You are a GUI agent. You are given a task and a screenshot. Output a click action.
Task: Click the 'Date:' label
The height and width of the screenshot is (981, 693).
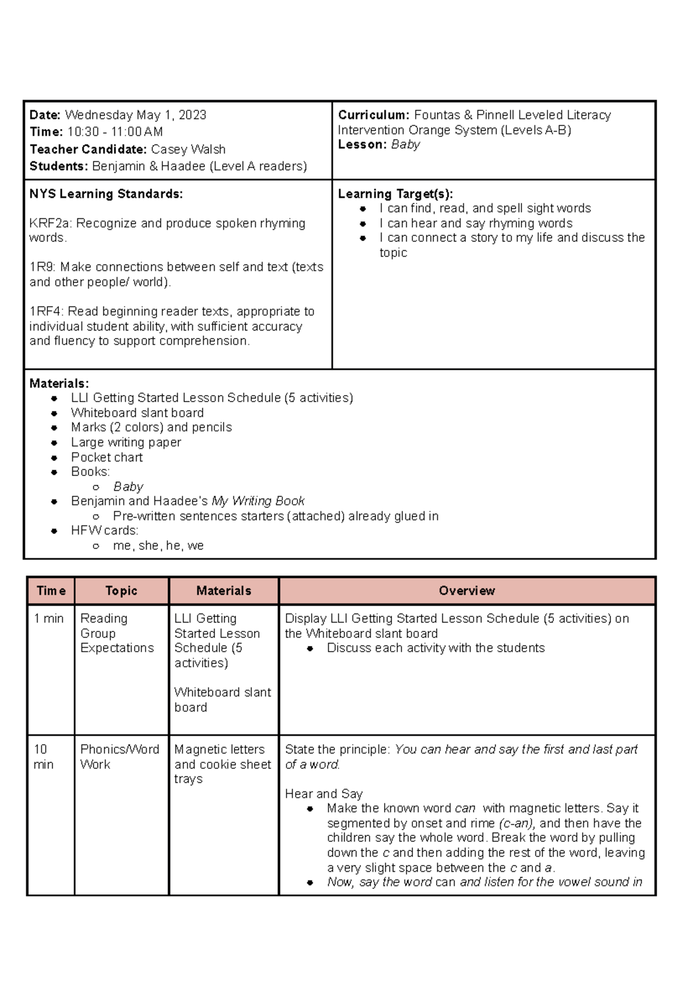point(45,115)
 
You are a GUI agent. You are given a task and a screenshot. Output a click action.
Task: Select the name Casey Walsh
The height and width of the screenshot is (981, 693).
point(188,150)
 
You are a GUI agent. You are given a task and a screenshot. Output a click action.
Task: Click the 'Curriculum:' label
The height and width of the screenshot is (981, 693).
point(374,115)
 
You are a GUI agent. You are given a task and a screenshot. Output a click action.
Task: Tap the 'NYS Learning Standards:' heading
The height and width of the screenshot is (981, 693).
point(106,194)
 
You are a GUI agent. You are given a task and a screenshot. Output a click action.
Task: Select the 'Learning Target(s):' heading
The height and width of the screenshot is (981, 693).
point(395,194)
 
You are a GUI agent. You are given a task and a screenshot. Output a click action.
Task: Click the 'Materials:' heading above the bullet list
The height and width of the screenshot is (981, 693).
point(59,384)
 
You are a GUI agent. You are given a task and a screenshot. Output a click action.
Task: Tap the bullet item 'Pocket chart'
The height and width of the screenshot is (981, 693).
point(106,458)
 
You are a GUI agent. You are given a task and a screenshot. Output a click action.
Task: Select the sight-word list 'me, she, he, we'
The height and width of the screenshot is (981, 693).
point(158,546)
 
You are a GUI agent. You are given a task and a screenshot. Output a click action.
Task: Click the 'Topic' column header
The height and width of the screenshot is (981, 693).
point(121,591)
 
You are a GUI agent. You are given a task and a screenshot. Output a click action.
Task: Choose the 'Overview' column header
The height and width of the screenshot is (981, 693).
point(467,591)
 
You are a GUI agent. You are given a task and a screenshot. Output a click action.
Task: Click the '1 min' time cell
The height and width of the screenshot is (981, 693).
point(49,619)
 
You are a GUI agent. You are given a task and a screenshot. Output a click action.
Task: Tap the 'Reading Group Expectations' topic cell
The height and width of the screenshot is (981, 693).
point(117,633)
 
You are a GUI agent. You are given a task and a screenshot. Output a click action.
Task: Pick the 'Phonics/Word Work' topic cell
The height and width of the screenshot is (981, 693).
point(119,757)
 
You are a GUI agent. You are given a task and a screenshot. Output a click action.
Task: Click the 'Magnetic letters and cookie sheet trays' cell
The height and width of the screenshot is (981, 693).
point(222,764)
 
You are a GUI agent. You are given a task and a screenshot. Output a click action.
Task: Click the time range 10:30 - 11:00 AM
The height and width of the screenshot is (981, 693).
point(115,132)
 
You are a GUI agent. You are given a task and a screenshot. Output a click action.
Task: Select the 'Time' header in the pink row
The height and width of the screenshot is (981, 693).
point(51,591)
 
